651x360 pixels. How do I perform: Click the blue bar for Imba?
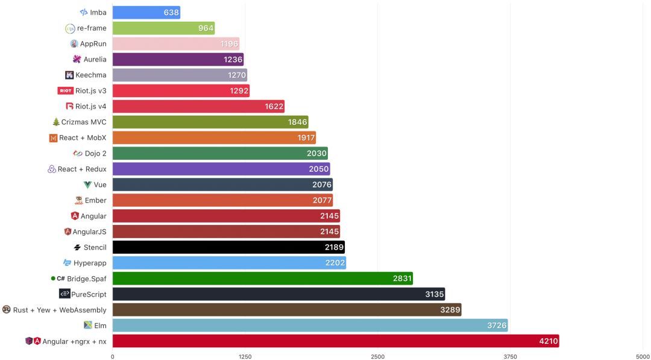click(146, 13)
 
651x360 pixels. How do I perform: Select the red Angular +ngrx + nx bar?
click(335, 341)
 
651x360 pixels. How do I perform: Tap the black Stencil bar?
click(228, 247)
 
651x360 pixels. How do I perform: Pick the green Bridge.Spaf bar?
click(262, 279)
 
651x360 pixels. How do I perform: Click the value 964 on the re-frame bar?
click(206, 28)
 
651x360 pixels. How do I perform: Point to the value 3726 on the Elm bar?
click(497, 326)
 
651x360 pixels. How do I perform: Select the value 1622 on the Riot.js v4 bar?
click(274, 107)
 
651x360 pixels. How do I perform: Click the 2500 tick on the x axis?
click(377, 357)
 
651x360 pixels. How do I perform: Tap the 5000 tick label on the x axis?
click(642, 357)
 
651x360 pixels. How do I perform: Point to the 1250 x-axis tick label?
click(245, 357)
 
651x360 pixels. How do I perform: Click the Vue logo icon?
click(88, 185)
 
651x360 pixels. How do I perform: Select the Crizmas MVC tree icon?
click(56, 122)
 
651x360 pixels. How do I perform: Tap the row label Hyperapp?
click(90, 263)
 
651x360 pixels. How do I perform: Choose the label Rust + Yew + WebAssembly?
click(60, 310)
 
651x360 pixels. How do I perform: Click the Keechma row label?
click(91, 75)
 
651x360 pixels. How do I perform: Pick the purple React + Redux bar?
click(221, 169)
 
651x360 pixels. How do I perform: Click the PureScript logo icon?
click(64, 294)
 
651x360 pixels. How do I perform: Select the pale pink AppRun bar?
click(175, 44)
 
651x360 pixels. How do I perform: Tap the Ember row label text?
click(95, 200)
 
